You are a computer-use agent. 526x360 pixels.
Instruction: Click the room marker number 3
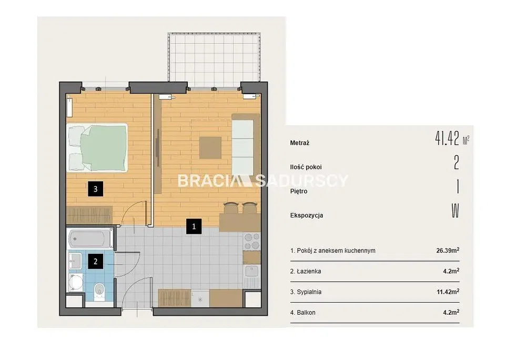click(95, 189)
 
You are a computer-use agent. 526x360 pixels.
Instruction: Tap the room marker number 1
click(194, 226)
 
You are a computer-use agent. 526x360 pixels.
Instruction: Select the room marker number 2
click(95, 261)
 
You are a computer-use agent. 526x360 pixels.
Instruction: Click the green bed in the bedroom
click(97, 147)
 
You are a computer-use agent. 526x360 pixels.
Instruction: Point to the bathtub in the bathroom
click(90, 239)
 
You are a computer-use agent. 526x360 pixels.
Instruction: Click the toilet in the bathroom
click(99, 291)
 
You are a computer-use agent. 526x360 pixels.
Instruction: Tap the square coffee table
click(210, 147)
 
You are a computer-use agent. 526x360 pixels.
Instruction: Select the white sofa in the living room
click(246, 144)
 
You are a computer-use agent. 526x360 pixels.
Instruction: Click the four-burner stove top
click(252, 242)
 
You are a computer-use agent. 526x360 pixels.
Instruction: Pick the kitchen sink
click(252, 272)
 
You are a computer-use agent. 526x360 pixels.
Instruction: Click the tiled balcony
click(214, 57)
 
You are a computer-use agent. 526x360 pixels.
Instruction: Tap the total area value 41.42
click(447, 138)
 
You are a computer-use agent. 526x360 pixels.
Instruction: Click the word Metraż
click(300, 143)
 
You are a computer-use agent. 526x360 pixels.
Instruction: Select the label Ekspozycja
click(307, 215)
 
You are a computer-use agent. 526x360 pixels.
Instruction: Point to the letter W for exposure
click(455, 211)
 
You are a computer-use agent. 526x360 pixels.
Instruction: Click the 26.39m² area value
click(448, 251)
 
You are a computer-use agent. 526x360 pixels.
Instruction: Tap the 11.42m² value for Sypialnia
click(448, 292)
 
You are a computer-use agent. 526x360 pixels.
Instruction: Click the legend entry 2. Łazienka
click(305, 271)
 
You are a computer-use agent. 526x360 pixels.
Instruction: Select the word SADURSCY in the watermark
click(302, 181)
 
